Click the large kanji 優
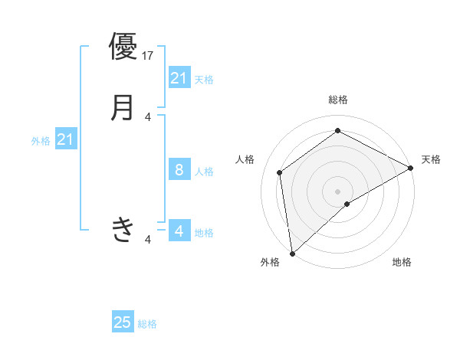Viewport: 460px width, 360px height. point(123,45)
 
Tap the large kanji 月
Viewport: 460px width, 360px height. point(123,106)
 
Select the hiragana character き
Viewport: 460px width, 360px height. point(123,229)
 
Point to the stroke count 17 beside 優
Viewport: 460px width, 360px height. point(149,55)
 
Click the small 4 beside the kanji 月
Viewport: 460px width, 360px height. point(149,117)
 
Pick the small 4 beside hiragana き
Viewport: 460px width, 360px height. point(149,240)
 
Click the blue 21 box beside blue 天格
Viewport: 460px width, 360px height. point(179,78)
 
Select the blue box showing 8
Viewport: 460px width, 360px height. point(179,170)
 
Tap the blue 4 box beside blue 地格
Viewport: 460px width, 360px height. point(179,231)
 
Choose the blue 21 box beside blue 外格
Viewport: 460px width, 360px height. point(65,140)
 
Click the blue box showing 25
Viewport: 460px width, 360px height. point(123,322)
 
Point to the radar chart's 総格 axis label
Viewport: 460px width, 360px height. point(338,100)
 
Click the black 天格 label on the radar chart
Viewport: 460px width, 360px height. point(431,159)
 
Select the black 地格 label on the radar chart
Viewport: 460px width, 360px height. point(402,262)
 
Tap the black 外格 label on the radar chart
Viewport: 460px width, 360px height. point(270,262)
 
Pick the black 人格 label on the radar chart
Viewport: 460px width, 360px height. point(245,159)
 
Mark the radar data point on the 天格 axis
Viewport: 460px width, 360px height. point(412,168)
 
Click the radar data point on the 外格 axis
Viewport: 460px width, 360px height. point(292,253)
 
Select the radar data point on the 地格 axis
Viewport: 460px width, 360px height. point(347,204)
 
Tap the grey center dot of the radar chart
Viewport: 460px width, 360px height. point(338,191)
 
